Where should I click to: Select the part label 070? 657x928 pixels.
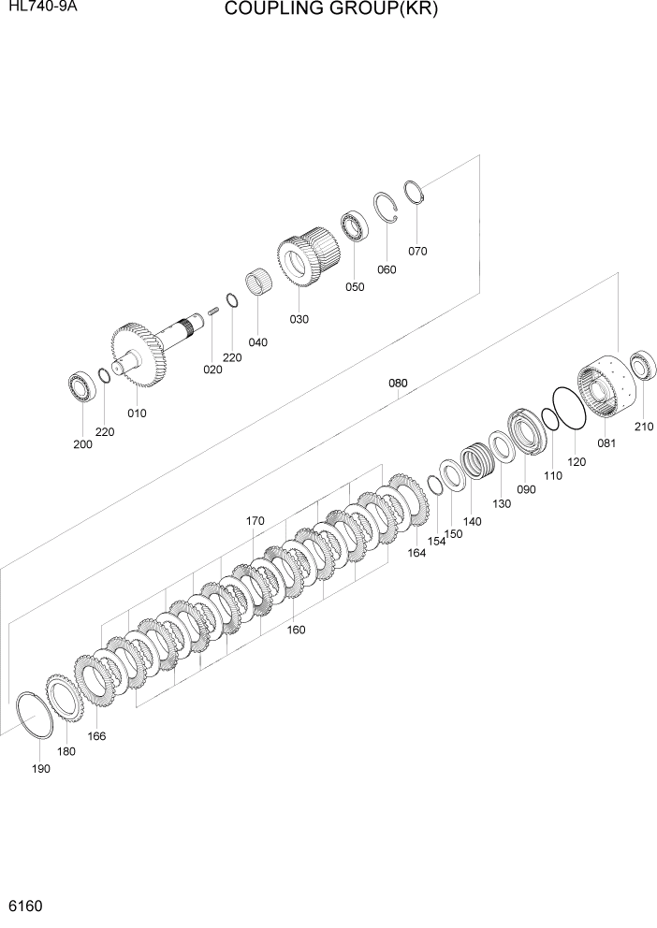click(417, 251)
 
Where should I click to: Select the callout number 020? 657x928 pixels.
click(213, 370)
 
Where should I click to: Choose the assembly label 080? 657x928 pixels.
click(398, 384)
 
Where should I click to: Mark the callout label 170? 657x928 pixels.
click(255, 521)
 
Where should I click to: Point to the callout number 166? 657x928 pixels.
click(96, 736)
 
